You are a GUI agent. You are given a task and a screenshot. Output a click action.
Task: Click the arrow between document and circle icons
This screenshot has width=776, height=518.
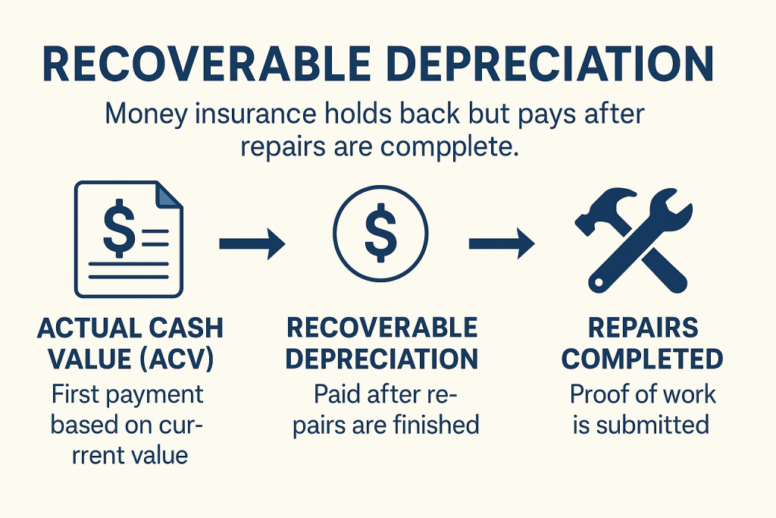pos(252,244)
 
